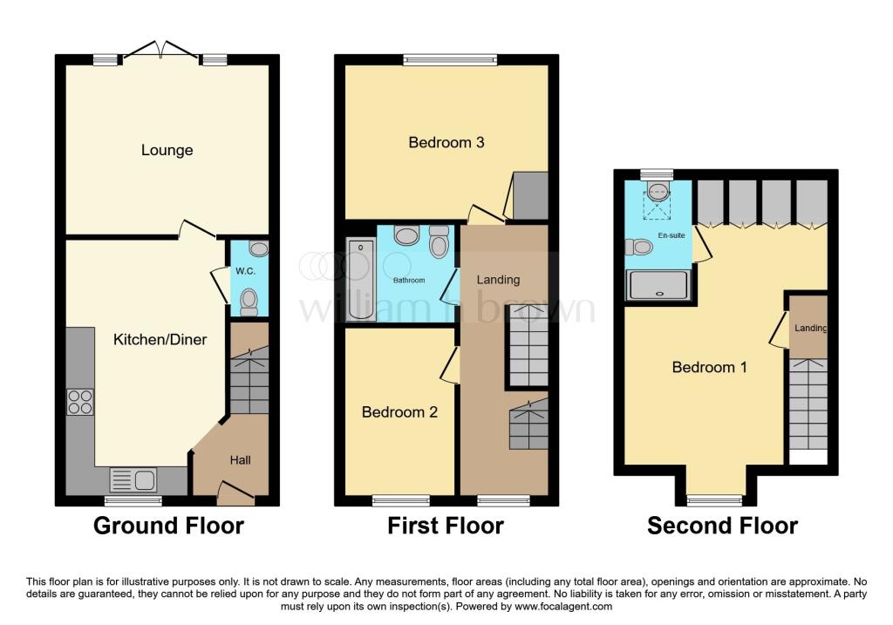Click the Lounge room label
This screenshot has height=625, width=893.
(167, 150)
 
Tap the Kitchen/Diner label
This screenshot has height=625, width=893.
(160, 339)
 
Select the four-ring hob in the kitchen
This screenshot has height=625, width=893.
(80, 403)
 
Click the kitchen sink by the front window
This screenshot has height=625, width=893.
(133, 479)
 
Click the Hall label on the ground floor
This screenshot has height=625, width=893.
(240, 459)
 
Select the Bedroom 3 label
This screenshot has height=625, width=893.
(446, 142)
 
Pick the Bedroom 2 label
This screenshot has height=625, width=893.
(399, 412)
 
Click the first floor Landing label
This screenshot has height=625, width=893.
(498, 280)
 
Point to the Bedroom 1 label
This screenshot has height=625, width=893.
(709, 367)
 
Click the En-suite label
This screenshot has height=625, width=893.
(669, 235)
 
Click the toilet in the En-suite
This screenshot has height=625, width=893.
(639, 248)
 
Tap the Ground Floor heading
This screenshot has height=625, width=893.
(168, 526)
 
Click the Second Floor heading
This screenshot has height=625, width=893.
(722, 526)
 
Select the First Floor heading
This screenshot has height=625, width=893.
(446, 526)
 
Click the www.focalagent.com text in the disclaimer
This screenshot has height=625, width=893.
(564, 606)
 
